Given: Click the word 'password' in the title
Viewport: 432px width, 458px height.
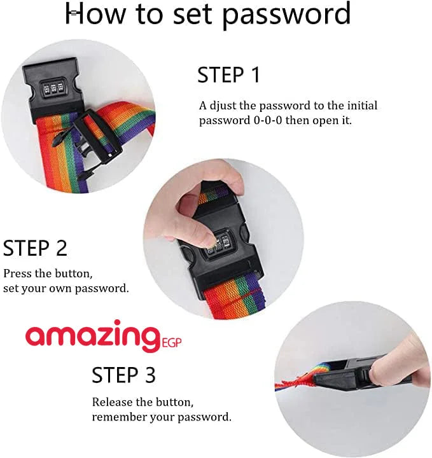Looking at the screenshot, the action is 286,15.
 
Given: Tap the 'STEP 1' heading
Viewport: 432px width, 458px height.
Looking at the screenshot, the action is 228,75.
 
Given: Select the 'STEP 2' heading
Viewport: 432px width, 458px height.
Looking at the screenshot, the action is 35,248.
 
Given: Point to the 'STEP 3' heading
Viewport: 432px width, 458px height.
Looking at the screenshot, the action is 123,375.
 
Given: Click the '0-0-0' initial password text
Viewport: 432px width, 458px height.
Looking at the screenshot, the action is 268,120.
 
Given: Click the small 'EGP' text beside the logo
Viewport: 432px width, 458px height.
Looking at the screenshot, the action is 172,342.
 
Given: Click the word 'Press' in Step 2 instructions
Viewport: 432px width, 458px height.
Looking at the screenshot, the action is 17,274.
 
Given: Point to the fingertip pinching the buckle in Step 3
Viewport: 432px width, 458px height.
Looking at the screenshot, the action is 377,368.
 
